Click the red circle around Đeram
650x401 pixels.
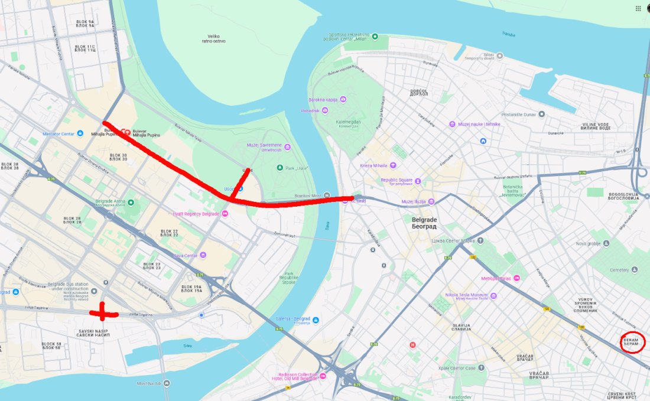click(632, 342)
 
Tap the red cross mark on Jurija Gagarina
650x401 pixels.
click(103, 312)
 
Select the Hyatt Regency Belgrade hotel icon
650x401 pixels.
click(225, 213)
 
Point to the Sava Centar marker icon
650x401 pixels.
click(203, 255)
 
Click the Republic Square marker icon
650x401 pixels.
click(418, 180)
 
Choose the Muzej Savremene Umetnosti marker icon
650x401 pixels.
click(288, 146)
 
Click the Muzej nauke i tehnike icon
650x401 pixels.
click(453, 124)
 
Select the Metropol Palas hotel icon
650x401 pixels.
click(517, 278)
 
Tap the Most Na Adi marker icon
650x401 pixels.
click(167, 383)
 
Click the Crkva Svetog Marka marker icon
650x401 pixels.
click(480, 240)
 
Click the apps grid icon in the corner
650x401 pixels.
click(638, 8)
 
